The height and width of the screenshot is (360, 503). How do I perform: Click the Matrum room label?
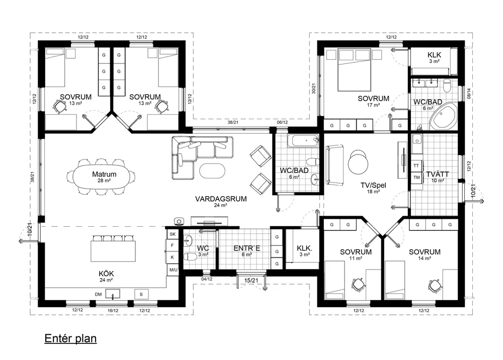coord(104,174)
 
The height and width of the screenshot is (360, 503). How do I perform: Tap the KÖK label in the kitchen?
coord(106,274)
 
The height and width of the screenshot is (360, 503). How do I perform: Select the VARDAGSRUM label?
coord(221,199)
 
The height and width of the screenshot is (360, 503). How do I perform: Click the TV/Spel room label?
coord(373,186)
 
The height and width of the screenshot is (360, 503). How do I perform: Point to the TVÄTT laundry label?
coord(438,174)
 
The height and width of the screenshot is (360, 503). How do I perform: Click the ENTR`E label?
coord(246,248)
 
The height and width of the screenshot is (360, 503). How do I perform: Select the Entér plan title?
coord(70,338)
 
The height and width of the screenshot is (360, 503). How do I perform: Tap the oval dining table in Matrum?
coord(102,177)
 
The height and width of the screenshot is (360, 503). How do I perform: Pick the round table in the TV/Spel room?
coord(358,162)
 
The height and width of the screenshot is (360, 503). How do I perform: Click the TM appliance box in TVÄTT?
coord(416,177)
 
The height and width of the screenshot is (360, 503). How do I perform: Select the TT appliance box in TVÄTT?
coord(416,166)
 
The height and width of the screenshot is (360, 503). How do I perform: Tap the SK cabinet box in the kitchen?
coord(173,234)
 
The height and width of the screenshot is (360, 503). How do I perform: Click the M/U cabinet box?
coord(173,270)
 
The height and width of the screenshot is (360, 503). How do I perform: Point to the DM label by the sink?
coord(98,294)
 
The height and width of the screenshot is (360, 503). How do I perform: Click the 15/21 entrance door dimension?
coord(251,281)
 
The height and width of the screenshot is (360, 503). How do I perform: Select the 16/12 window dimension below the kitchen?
coord(113,310)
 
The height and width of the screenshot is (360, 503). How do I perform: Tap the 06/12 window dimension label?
coord(282,123)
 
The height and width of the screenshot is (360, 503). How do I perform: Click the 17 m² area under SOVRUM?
coord(373,105)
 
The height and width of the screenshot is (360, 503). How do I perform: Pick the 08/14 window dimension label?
coord(469,94)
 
